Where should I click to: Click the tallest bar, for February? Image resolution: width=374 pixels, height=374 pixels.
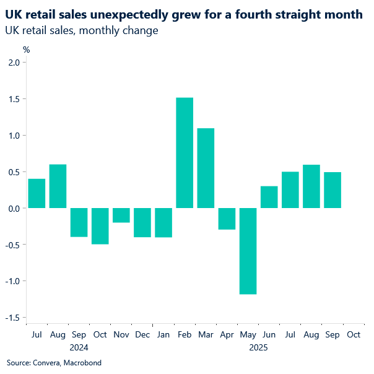tap(185, 153)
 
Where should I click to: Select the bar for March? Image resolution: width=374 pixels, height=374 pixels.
tap(206, 168)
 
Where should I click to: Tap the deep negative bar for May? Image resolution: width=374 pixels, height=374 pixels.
tap(248, 251)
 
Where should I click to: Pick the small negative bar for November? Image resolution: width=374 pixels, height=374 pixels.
tap(121, 215)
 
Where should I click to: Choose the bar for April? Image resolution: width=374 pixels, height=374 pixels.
tap(227, 219)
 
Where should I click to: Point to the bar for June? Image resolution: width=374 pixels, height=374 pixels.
tap(269, 197)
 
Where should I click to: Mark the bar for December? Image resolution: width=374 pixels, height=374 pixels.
tap(142, 222)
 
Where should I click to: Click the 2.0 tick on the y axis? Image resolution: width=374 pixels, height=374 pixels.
tap(14, 63)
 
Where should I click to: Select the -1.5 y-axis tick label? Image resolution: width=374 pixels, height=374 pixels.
tap(12, 318)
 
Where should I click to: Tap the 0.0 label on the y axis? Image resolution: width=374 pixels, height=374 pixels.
tap(14, 208)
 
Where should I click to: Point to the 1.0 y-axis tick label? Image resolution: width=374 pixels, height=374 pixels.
tap(14, 136)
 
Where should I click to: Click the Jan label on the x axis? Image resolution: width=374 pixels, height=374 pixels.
tap(163, 334)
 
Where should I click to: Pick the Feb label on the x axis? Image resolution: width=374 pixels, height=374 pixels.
tap(185, 334)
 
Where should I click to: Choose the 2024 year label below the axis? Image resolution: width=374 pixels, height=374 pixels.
tap(79, 347)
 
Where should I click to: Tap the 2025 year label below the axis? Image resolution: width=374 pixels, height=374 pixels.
tap(258, 347)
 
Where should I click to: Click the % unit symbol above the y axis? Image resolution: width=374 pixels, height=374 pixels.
tap(26, 49)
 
